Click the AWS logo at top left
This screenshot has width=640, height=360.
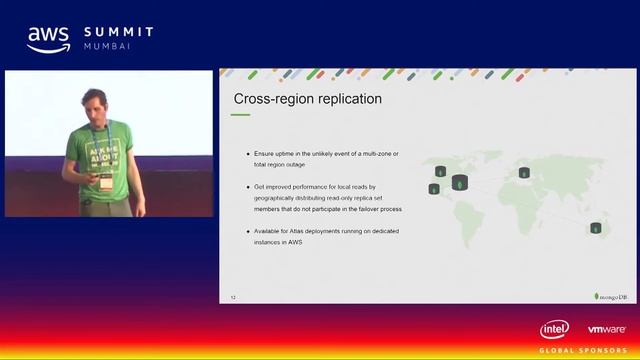click(x=48, y=38)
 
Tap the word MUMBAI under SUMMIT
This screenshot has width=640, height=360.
click(x=106, y=47)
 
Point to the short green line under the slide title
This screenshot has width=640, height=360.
click(x=241, y=115)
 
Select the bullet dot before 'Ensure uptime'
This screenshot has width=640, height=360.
click(x=247, y=153)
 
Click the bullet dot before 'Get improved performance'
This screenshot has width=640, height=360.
click(x=247, y=187)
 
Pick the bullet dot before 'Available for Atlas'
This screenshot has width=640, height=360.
click(x=247, y=233)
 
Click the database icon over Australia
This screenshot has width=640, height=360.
click(x=597, y=229)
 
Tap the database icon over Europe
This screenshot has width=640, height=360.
click(x=524, y=172)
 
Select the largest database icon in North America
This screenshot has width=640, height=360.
click(x=459, y=183)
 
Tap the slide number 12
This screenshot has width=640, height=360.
click(x=233, y=298)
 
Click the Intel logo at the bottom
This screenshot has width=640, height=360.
click(x=555, y=330)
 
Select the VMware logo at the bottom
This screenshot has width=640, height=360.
click(x=607, y=330)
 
